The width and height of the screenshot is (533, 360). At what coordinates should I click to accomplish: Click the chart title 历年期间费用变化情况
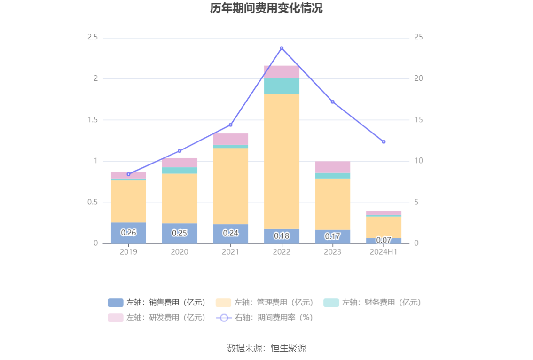tap(266, 8)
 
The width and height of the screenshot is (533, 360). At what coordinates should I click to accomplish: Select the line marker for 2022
tap(282, 48)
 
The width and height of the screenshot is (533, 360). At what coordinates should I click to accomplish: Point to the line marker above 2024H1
tap(384, 141)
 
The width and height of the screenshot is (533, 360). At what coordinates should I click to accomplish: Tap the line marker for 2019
tap(128, 174)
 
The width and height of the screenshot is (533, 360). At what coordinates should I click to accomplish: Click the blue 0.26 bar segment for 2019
tap(128, 233)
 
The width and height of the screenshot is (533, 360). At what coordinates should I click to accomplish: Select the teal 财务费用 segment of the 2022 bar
tap(282, 86)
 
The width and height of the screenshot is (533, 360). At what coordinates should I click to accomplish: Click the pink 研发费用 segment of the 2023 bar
tap(332, 167)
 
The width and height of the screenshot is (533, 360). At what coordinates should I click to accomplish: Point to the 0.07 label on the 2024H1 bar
tap(384, 240)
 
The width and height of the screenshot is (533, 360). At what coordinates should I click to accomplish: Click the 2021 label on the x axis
tap(230, 252)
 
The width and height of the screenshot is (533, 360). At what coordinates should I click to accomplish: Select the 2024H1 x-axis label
tap(384, 252)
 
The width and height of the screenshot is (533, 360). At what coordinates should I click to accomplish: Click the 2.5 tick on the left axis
tap(93, 37)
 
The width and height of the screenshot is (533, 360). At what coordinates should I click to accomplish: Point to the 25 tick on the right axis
tap(418, 37)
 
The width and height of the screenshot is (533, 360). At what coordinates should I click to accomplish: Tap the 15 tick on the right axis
tap(418, 120)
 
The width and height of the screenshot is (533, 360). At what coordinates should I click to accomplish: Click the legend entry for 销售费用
tap(157, 303)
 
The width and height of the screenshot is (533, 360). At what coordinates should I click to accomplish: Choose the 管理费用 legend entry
tap(265, 303)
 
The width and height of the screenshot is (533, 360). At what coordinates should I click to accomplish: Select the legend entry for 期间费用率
tap(265, 318)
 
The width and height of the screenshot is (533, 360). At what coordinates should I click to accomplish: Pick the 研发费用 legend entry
tap(157, 318)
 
